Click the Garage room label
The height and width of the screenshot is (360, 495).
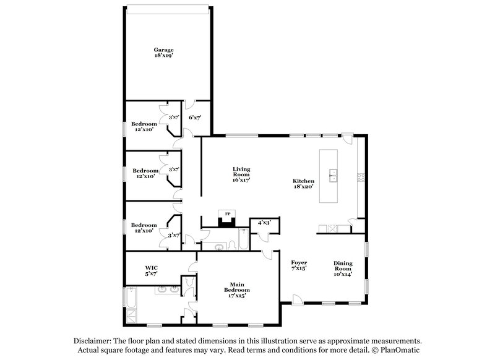(164, 53)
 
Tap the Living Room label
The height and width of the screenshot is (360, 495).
(241, 175)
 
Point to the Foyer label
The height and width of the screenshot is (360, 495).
(299, 265)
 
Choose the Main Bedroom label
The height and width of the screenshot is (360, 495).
(237, 289)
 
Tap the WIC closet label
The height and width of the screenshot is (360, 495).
(151, 270)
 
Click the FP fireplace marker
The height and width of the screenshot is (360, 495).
(227, 214)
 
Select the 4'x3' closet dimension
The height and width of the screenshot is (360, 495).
(264, 222)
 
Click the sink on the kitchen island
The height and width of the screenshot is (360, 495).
(333, 174)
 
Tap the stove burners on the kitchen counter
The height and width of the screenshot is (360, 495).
(359, 178)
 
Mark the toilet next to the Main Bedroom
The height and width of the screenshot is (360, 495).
(192, 284)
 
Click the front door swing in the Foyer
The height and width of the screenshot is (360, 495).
(298, 299)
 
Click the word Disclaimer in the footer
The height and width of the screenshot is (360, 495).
(93, 341)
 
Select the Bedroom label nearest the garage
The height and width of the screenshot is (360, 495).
(144, 126)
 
